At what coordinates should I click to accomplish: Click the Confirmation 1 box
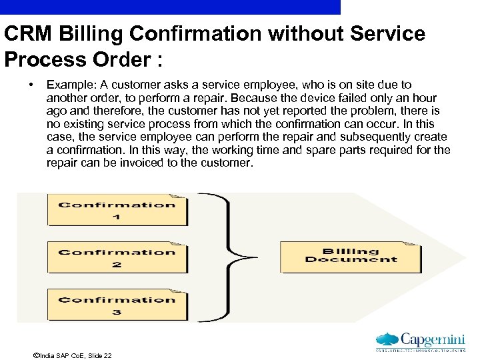pos(117,210)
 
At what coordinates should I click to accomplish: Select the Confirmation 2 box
pos(117,257)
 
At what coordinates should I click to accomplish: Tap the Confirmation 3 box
pos(117,305)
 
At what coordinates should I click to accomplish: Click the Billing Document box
pos(350,257)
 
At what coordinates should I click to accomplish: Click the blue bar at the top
pos(170,7)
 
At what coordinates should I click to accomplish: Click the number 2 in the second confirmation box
pos(117,265)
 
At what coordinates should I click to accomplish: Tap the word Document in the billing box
pos(351,260)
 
